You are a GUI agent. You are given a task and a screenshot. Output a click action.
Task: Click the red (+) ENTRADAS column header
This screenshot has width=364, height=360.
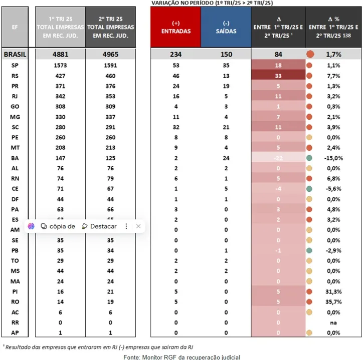[x=176, y=28]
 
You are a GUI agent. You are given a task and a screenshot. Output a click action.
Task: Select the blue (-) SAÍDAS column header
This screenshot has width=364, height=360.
[x=226, y=28]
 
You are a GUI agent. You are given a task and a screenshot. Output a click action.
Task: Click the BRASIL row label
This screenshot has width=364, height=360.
[x=15, y=54]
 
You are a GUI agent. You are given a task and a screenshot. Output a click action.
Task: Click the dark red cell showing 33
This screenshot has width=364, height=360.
[x=278, y=76]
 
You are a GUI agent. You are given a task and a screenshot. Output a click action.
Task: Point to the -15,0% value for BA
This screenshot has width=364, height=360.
[x=332, y=158]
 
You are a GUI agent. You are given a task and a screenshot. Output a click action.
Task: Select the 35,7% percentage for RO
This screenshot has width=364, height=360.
[x=333, y=302]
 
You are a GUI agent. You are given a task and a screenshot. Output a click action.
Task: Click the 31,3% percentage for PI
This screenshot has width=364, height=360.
[x=333, y=291]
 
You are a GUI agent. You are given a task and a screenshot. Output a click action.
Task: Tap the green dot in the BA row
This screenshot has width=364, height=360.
[x=310, y=158]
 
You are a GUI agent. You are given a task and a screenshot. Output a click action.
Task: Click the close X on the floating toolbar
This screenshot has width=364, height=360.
[x=138, y=226]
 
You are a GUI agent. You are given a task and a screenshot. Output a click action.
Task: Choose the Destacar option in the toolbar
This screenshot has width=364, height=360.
[x=99, y=226]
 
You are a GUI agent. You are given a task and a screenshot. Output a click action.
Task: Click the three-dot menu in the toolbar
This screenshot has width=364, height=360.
[x=126, y=226]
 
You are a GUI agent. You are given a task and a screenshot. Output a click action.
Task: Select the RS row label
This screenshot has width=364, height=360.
[x=15, y=76]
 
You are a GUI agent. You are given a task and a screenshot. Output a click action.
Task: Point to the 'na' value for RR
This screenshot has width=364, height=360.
[x=333, y=322]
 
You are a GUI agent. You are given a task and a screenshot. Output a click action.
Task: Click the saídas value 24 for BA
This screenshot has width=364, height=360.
[x=226, y=158]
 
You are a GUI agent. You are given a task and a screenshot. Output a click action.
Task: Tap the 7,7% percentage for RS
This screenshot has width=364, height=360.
[x=333, y=76]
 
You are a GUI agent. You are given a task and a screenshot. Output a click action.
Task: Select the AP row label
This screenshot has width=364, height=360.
[x=15, y=332]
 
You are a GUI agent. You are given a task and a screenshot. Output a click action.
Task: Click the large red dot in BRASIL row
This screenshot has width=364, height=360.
[x=310, y=54]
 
